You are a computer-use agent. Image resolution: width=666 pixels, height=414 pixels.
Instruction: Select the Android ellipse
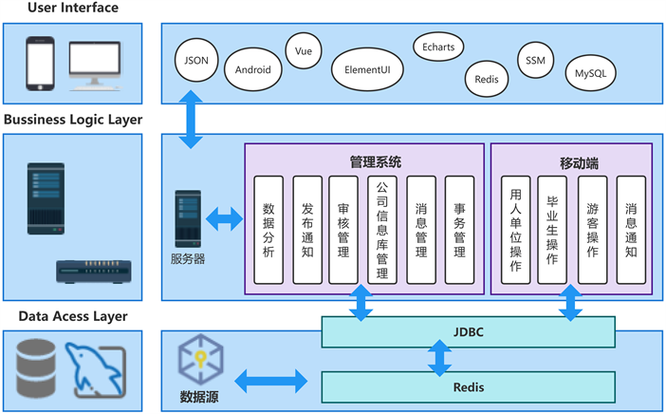[x=252, y=69]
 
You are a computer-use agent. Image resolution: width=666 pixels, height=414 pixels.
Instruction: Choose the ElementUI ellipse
[x=367, y=69]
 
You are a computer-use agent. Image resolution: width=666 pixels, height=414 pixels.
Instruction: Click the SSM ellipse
[x=535, y=60]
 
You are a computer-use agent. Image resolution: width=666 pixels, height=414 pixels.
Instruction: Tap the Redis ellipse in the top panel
[x=487, y=80]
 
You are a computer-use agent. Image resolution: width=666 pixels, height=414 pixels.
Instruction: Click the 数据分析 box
[x=268, y=230]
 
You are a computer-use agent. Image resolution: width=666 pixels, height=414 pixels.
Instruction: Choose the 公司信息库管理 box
[x=382, y=230]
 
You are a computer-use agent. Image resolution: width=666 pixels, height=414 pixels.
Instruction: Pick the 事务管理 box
[x=459, y=230]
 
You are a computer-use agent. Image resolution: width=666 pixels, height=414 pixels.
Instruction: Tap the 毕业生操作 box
[x=552, y=230]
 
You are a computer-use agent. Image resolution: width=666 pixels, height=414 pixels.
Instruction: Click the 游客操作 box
[x=592, y=230]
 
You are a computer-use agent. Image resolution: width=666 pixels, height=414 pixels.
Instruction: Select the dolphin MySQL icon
[x=96, y=370]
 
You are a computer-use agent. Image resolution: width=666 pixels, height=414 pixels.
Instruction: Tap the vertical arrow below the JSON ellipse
[x=192, y=119]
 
